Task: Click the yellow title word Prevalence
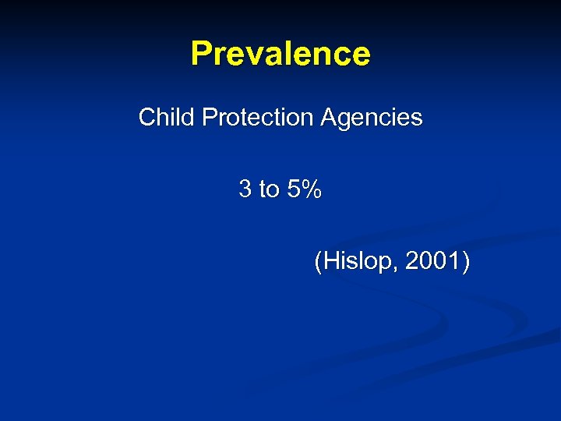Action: coord(280,54)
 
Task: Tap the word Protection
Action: coord(256,118)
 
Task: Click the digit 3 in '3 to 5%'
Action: coord(245,189)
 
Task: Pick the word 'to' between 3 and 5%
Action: coord(269,189)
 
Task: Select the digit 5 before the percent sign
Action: coord(293,189)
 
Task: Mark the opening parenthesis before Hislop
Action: coord(318,263)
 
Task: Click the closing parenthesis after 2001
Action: coord(465,263)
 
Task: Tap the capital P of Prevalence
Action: coord(201,54)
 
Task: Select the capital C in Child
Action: coord(147,118)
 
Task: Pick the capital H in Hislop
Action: coord(330,262)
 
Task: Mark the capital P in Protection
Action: coord(209,118)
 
